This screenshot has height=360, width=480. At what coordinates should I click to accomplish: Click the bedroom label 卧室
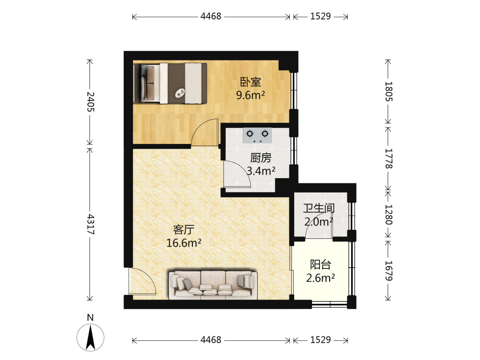point(250,82)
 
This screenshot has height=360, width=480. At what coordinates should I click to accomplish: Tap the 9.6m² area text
point(250,95)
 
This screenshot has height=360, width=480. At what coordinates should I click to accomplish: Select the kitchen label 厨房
point(261,158)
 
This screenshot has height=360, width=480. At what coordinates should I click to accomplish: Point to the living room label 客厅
point(184,230)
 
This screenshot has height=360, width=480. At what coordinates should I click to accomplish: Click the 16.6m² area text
point(184,243)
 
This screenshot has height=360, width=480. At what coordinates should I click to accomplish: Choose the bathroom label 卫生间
point(319,208)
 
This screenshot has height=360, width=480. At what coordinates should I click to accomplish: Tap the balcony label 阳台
point(320,264)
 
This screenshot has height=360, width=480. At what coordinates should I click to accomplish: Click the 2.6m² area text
point(320,278)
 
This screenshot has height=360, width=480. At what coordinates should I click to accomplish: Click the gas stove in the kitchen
point(257,136)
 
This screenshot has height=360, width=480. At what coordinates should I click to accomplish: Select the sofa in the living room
point(213,284)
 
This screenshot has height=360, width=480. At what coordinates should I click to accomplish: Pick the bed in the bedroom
point(170,84)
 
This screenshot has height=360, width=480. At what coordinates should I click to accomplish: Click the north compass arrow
point(90,338)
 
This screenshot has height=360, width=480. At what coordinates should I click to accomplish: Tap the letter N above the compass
point(90,317)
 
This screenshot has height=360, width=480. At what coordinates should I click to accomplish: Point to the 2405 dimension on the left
point(90,102)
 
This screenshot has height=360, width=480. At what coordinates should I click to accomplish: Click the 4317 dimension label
point(90,224)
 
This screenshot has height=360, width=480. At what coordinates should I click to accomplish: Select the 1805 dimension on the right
point(388,92)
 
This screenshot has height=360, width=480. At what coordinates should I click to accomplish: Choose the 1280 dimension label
point(388,215)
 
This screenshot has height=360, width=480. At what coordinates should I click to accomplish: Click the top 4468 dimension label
point(211,16)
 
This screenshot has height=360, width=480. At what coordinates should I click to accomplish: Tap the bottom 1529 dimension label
point(320,340)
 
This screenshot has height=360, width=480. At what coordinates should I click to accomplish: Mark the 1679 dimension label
point(388,271)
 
